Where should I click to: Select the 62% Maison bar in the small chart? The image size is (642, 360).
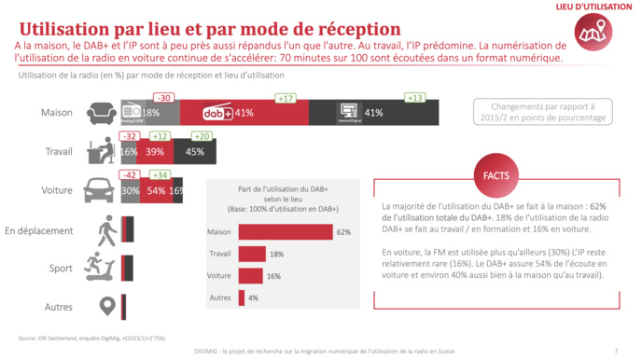pos(286,232)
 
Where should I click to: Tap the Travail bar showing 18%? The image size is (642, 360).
pos(252,255)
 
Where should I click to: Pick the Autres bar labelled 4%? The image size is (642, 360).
pos(242,299)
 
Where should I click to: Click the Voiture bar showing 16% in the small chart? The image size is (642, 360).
pos(251,277)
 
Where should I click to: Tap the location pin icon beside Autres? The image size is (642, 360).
pos(105,305)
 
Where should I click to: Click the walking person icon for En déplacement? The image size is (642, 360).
pos(103,228)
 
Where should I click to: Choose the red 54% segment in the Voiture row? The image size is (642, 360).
pos(156,189)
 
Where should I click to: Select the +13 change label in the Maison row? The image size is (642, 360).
pos(414,98)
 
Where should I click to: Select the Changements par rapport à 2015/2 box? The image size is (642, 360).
pos(541,112)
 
